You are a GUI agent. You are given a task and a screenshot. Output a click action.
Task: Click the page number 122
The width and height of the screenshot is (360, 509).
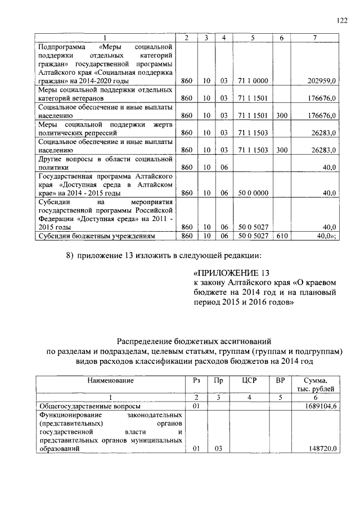(341, 20)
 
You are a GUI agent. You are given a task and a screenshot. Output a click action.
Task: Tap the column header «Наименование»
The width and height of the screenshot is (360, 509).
(110, 381)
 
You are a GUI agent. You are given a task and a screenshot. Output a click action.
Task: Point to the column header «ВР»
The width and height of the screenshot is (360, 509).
(280, 381)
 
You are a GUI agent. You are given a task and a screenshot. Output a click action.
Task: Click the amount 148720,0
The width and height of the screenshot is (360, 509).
(323, 449)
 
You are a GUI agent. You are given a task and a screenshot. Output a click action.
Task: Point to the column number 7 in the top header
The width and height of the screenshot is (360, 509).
(314, 38)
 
